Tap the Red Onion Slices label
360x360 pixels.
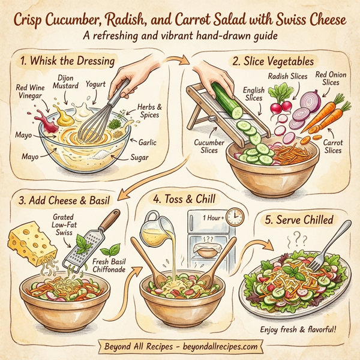[331, 79]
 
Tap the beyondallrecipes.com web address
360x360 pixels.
[220, 347]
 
